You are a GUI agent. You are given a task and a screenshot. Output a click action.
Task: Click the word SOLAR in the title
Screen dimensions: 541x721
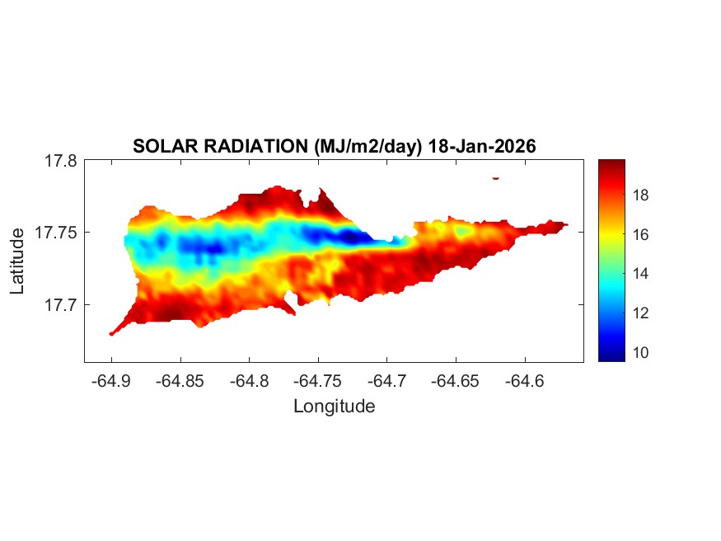coord(164,147)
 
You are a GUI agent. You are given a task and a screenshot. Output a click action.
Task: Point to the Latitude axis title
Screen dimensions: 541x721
coord(17,261)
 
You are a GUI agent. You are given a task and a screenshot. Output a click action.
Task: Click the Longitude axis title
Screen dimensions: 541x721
coord(334,407)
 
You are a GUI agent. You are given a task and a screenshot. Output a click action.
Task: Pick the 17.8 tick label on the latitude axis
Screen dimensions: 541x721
coord(61,162)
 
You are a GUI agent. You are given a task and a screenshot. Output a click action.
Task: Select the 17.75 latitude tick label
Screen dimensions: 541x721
coord(57,233)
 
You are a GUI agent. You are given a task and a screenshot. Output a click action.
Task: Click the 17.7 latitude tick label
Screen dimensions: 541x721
coord(61,305)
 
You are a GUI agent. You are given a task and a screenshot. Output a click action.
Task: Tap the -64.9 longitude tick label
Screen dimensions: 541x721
coord(111,381)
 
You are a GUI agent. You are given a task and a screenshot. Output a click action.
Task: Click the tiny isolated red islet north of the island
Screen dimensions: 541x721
coord(496,177)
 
